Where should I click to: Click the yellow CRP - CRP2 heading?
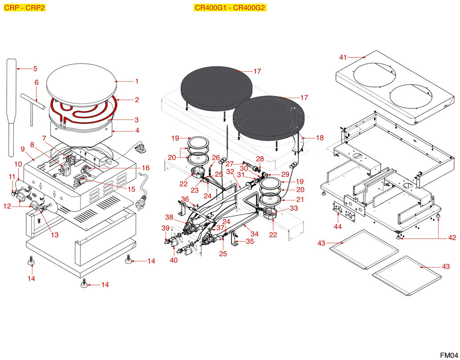(24, 8)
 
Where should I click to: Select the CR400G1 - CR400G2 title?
(230, 8)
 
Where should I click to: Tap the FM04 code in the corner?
(449, 355)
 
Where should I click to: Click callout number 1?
(137, 81)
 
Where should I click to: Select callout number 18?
(320, 138)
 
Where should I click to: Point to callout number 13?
(54, 235)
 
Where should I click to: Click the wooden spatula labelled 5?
(11, 107)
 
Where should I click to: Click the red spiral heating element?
(85, 111)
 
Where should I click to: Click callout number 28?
(260, 159)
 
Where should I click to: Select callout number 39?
(165, 228)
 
